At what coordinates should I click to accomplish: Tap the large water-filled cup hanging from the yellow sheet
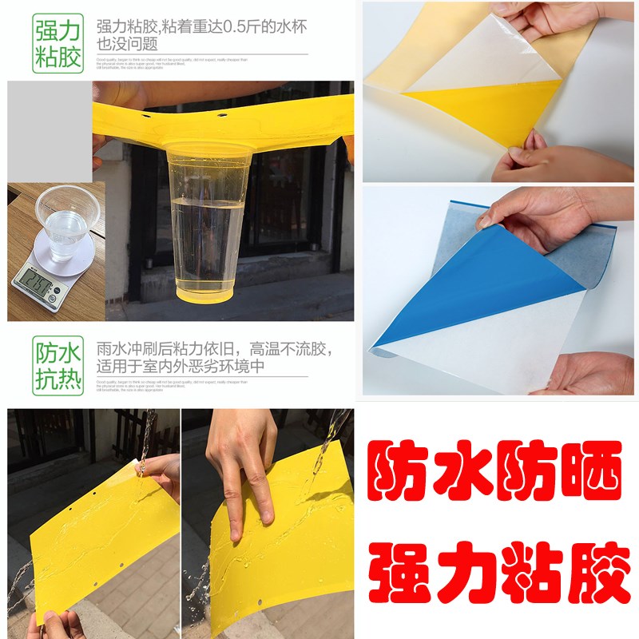pyautogui.click(x=210, y=224)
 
